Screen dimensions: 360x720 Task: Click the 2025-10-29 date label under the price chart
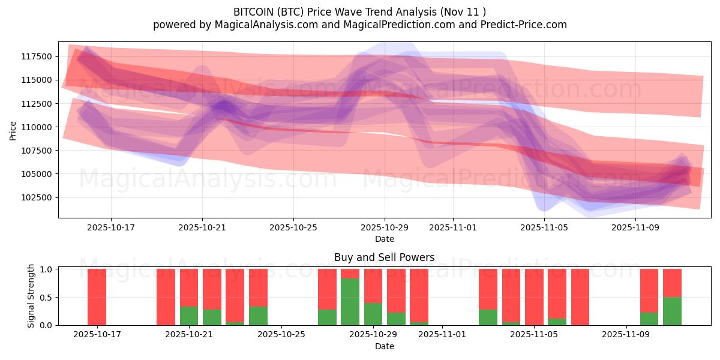pyautogui.click(x=385, y=228)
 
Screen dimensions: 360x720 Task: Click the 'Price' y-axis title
pyautogui.click(x=13, y=130)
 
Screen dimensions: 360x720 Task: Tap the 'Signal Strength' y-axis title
pyautogui.click(x=31, y=295)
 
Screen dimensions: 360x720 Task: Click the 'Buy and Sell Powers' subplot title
pyautogui.click(x=384, y=257)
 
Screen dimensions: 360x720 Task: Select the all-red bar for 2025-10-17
pyautogui.click(x=97, y=297)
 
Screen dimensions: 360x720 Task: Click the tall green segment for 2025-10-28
pyautogui.click(x=350, y=301)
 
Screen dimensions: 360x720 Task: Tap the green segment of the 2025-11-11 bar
pyautogui.click(x=672, y=311)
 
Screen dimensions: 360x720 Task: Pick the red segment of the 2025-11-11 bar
pyautogui.click(x=672, y=283)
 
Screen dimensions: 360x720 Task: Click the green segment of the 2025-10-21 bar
pyautogui.click(x=189, y=316)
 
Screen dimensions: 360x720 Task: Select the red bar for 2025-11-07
pyautogui.click(x=580, y=297)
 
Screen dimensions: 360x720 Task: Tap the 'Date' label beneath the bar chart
pyautogui.click(x=384, y=346)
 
